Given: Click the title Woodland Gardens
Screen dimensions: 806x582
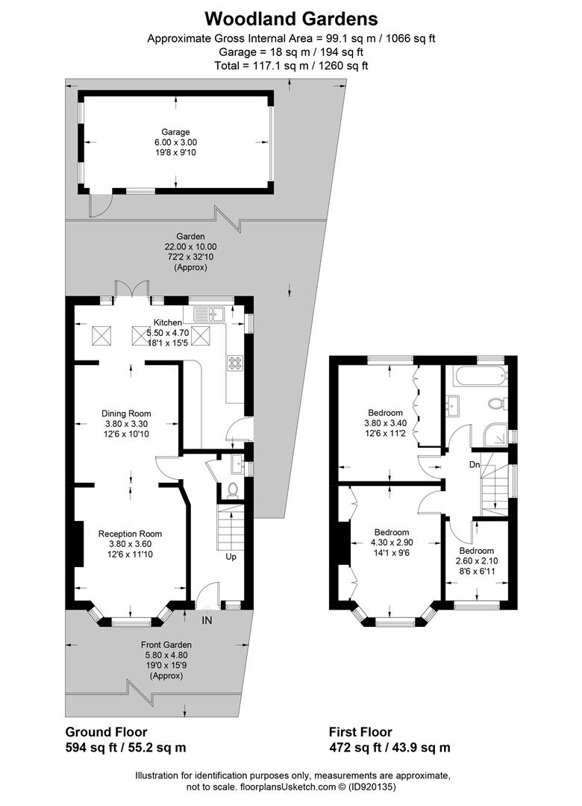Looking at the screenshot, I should coord(291,18).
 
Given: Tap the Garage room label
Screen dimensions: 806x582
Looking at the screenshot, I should coord(178,131).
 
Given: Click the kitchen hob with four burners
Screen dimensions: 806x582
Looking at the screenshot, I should coord(236,363).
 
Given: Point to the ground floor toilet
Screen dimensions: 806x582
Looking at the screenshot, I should coord(231,490).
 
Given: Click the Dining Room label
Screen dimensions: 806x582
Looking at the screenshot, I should coord(126,413).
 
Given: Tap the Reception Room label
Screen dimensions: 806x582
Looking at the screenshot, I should coord(130,534).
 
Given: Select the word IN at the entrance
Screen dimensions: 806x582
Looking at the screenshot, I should coord(206,618).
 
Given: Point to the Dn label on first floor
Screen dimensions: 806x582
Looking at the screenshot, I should coord(473,465).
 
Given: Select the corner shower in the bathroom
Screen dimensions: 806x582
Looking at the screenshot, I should coord(493,436).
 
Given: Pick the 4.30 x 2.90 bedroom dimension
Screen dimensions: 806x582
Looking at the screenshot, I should coord(392,543).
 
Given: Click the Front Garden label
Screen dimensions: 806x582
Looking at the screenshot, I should coord(166,645).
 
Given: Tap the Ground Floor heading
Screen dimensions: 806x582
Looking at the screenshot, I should coord(106,732).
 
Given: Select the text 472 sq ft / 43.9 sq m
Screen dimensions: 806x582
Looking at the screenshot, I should coord(389,747).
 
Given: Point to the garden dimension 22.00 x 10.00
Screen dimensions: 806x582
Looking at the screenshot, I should coord(190,246).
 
